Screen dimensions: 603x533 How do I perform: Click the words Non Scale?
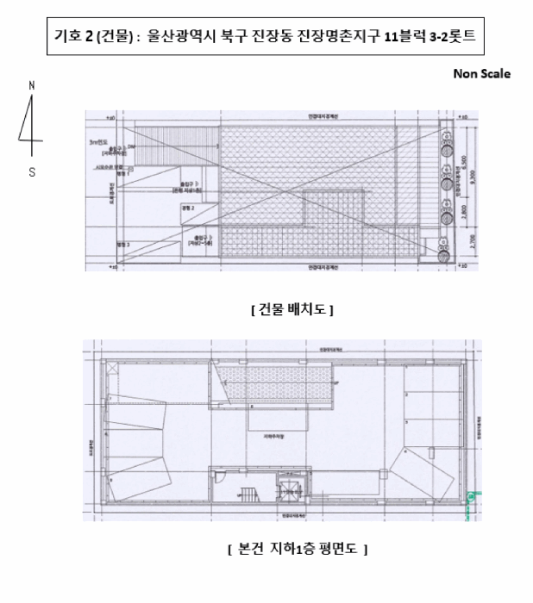[481, 73]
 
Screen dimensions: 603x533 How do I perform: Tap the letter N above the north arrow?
[32, 85]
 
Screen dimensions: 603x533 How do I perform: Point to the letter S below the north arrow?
[32, 171]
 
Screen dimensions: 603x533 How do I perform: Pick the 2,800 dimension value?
[462, 212]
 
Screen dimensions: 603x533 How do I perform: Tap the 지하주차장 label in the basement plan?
[274, 437]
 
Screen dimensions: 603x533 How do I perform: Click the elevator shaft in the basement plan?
[284, 493]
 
